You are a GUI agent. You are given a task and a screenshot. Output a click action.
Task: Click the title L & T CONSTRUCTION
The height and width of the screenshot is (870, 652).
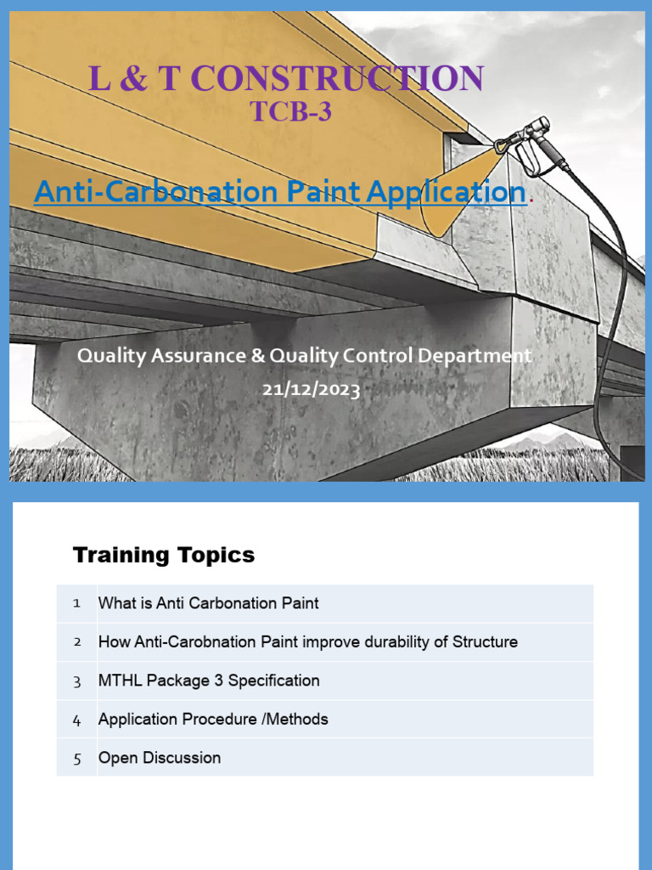tap(286, 78)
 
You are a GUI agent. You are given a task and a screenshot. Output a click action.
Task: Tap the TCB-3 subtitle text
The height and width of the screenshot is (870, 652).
tap(290, 111)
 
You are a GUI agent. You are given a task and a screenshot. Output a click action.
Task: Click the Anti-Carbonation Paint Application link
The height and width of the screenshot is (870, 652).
tap(279, 192)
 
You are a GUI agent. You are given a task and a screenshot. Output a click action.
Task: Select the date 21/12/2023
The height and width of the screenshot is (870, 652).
tap(311, 390)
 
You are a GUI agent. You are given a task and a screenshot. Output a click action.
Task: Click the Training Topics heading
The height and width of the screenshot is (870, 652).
tap(164, 556)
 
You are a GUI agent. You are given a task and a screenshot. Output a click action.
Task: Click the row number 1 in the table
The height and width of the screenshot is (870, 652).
tap(76, 603)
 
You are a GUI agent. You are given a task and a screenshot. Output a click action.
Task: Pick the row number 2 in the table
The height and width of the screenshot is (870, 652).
tap(76, 642)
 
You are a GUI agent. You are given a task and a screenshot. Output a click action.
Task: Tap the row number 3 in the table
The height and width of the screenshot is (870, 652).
tap(76, 681)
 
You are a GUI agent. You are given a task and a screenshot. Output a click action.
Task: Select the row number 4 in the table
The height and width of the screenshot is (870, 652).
tap(76, 720)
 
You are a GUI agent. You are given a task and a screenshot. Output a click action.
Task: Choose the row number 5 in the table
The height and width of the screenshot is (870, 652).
tap(76, 759)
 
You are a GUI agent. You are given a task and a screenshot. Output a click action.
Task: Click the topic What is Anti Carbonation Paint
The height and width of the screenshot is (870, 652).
tap(209, 603)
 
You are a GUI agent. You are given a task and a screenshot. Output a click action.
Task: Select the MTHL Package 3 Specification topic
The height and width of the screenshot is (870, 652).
tap(209, 681)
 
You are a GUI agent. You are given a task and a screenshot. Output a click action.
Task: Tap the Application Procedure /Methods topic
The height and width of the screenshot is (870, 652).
tap(213, 720)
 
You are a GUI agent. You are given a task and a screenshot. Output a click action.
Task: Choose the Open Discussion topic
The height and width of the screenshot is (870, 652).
tap(160, 758)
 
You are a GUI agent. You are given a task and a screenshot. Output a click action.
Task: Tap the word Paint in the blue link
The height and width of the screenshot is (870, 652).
tap(312, 192)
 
